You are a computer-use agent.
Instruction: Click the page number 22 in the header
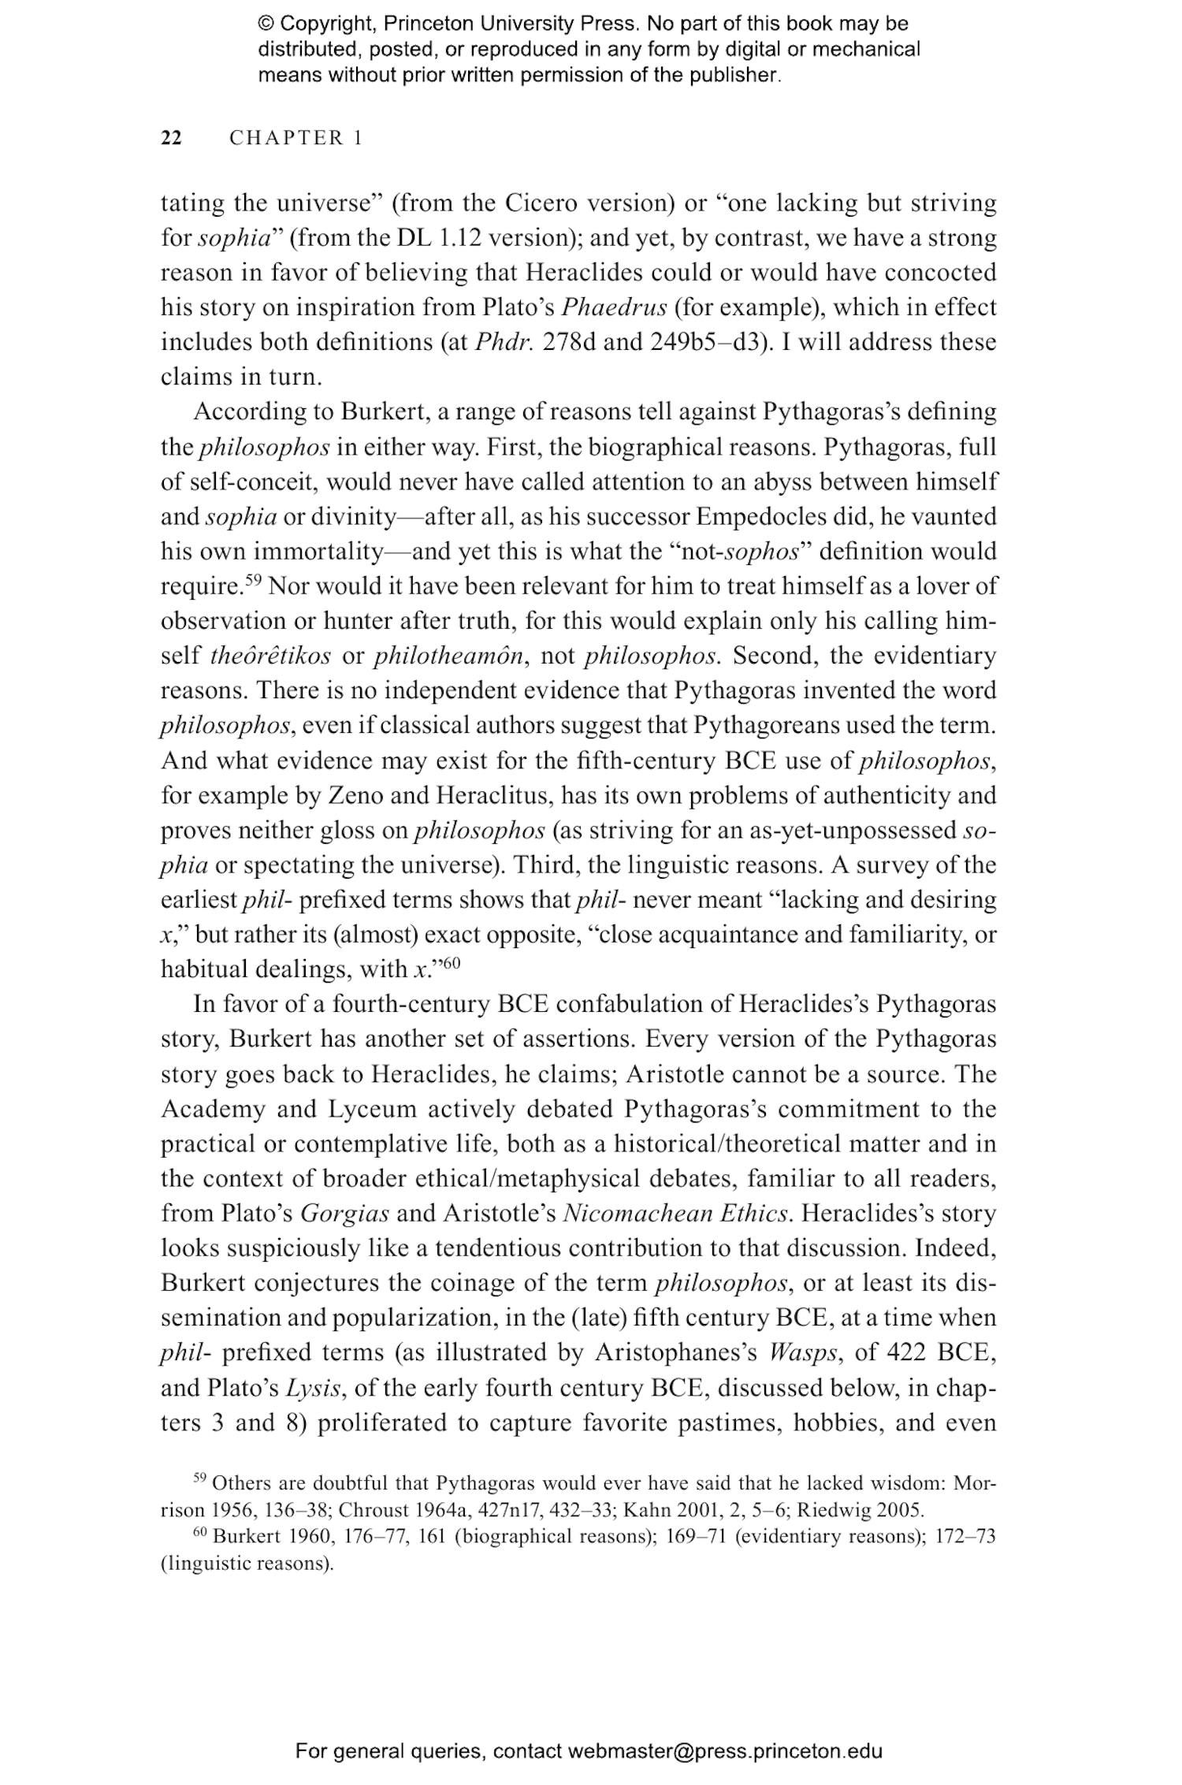171,138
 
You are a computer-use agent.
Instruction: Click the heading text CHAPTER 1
295,138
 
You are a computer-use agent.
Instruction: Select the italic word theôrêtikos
271,656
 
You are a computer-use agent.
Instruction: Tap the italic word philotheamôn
448,656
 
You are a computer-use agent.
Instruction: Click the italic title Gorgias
345,1213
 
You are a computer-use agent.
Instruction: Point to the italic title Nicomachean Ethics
676,1213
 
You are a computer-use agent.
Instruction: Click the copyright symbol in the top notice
265,24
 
